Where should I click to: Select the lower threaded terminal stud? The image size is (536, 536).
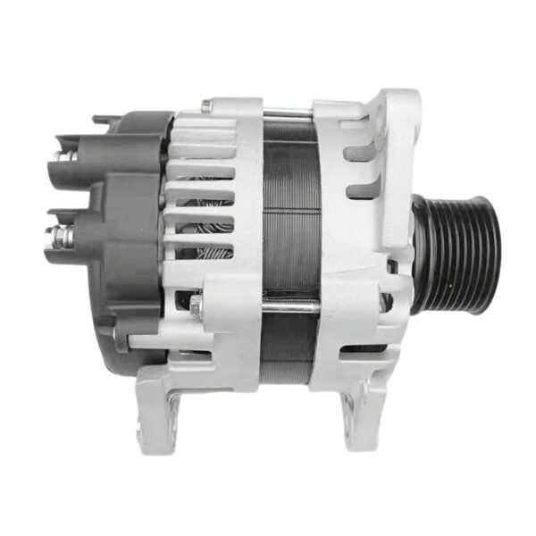pyautogui.click(x=62, y=236)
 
